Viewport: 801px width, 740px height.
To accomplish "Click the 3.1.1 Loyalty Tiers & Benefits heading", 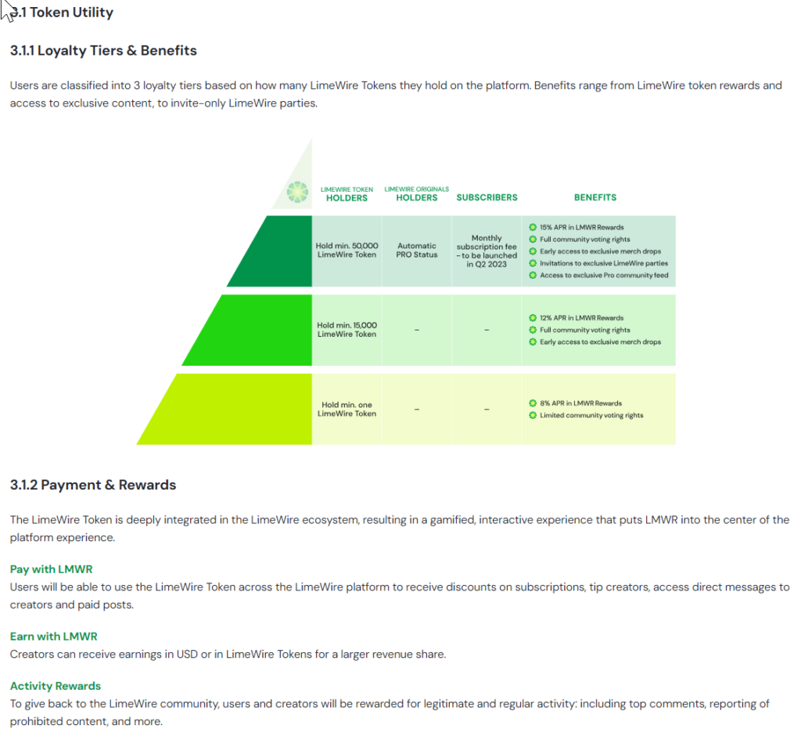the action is [103, 51].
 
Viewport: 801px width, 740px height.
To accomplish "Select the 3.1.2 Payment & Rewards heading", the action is [93, 485].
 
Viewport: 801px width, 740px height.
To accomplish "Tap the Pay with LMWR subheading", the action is [51, 569].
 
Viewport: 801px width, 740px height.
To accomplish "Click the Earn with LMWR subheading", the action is [54, 636].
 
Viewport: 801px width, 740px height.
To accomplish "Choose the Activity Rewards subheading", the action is [56, 686].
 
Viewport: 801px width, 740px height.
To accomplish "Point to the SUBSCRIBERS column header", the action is [487, 197].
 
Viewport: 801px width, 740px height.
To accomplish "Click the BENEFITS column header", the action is [595, 197].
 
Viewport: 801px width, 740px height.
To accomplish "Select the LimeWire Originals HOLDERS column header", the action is [417, 194].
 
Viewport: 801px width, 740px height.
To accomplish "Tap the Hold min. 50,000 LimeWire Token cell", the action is [347, 250].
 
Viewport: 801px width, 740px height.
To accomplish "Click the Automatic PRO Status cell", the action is [417, 250].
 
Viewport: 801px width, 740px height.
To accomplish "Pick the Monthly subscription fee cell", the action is [487, 251].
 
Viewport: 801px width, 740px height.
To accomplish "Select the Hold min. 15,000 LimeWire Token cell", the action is [347, 330].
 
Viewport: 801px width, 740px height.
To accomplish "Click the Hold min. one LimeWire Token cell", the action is [347, 409].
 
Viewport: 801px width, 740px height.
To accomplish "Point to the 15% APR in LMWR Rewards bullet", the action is [577, 227].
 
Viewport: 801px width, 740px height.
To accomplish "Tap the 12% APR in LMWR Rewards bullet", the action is [577, 318].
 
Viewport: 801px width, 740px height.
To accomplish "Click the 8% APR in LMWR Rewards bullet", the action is [576, 403].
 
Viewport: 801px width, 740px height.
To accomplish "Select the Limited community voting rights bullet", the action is [587, 415].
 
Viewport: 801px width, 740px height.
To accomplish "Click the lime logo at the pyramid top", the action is [297, 193].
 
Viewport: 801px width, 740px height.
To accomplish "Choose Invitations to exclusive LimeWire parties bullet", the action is [598, 263].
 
